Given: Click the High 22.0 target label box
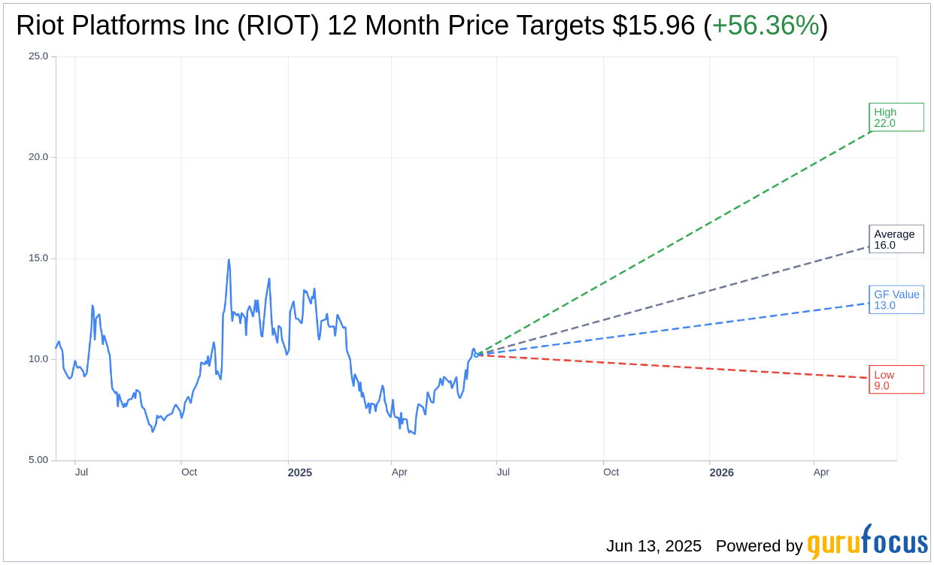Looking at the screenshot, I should pos(896,117).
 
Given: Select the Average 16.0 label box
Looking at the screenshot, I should pos(896,239).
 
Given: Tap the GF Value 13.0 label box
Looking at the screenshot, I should pos(896,300).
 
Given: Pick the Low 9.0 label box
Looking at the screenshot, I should pos(896,379).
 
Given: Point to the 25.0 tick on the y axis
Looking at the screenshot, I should pos(38,56).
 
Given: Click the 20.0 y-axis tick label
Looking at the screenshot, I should pos(38,157).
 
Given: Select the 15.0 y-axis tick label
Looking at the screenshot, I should pos(38,258).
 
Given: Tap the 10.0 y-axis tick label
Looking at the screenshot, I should pos(38,359).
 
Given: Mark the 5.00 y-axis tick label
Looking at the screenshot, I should pos(38,460).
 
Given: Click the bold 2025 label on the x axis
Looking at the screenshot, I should pos(300,473).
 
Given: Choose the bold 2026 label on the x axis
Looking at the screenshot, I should pos(721,473).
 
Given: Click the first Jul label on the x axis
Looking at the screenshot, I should pos(81,472).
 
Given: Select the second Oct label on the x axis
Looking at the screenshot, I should pos(611,472).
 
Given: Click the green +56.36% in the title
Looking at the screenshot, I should pos(765,26).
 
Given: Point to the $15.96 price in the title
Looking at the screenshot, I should pos(653,26).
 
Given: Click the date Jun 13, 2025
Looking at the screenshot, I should pos(653,546).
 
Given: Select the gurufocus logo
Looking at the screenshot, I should pos(867,542).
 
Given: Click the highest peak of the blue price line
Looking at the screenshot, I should pos(229,260).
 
